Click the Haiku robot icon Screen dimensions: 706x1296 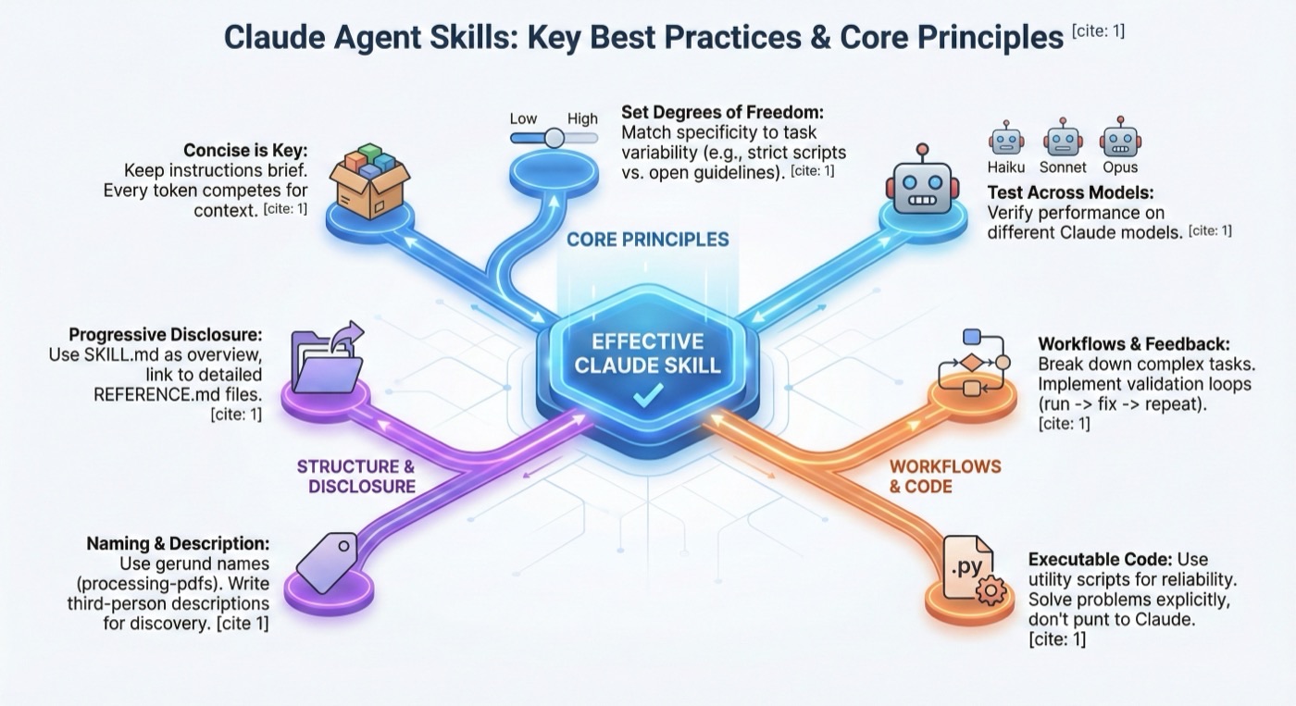(x=1005, y=140)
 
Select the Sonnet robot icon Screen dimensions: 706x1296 (x=1061, y=140)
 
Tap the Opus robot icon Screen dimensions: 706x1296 (x=1117, y=140)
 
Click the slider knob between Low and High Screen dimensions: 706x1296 (x=554, y=138)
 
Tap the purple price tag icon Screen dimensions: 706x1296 (x=322, y=560)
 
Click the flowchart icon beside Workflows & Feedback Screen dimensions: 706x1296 (x=971, y=362)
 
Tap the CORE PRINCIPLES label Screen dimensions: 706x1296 (x=648, y=240)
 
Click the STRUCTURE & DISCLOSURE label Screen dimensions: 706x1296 (x=355, y=476)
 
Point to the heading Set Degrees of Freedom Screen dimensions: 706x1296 (x=722, y=112)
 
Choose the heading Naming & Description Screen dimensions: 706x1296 (x=178, y=543)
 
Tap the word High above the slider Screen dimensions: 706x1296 (x=582, y=118)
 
